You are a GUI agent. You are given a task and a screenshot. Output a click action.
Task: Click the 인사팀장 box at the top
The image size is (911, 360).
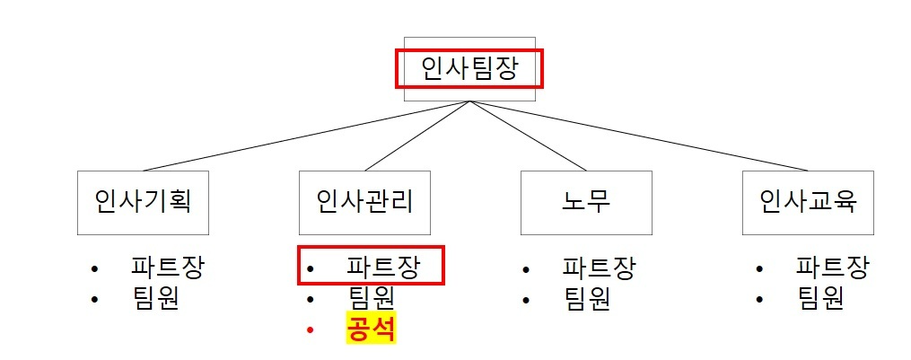point(469,68)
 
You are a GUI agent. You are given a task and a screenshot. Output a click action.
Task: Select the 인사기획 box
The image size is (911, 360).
point(143,202)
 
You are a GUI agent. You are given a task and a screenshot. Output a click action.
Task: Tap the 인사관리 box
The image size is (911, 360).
point(364,202)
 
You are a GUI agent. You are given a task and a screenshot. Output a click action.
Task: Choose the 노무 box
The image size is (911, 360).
point(586,202)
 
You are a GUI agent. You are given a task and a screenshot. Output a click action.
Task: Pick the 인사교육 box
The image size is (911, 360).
point(808,202)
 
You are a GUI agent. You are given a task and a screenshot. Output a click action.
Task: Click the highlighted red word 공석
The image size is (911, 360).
point(372,329)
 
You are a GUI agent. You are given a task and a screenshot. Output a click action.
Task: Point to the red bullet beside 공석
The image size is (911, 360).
point(311,330)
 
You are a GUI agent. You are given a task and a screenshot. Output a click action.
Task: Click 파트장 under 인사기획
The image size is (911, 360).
point(168,268)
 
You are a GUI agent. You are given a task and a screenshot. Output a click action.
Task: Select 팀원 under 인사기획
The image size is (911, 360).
point(155,298)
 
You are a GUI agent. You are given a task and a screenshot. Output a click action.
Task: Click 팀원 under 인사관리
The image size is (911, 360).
point(371,298)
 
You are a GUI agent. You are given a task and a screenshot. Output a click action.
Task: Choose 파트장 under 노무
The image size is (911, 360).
point(599,268)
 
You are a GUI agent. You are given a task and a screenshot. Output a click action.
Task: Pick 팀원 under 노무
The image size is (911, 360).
point(586,298)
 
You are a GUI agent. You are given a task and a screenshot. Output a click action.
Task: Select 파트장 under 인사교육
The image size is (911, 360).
point(832,268)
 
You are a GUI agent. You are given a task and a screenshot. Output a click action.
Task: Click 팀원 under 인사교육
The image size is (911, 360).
point(819,298)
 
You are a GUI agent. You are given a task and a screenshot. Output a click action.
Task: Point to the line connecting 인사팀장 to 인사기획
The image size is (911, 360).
point(305,136)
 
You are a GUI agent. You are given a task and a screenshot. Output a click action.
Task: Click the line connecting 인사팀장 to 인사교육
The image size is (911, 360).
point(637,136)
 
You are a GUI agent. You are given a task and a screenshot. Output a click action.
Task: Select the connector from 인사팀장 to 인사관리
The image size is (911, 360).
point(417,136)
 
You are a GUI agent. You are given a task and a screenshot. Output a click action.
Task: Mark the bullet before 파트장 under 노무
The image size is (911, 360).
point(526,269)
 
